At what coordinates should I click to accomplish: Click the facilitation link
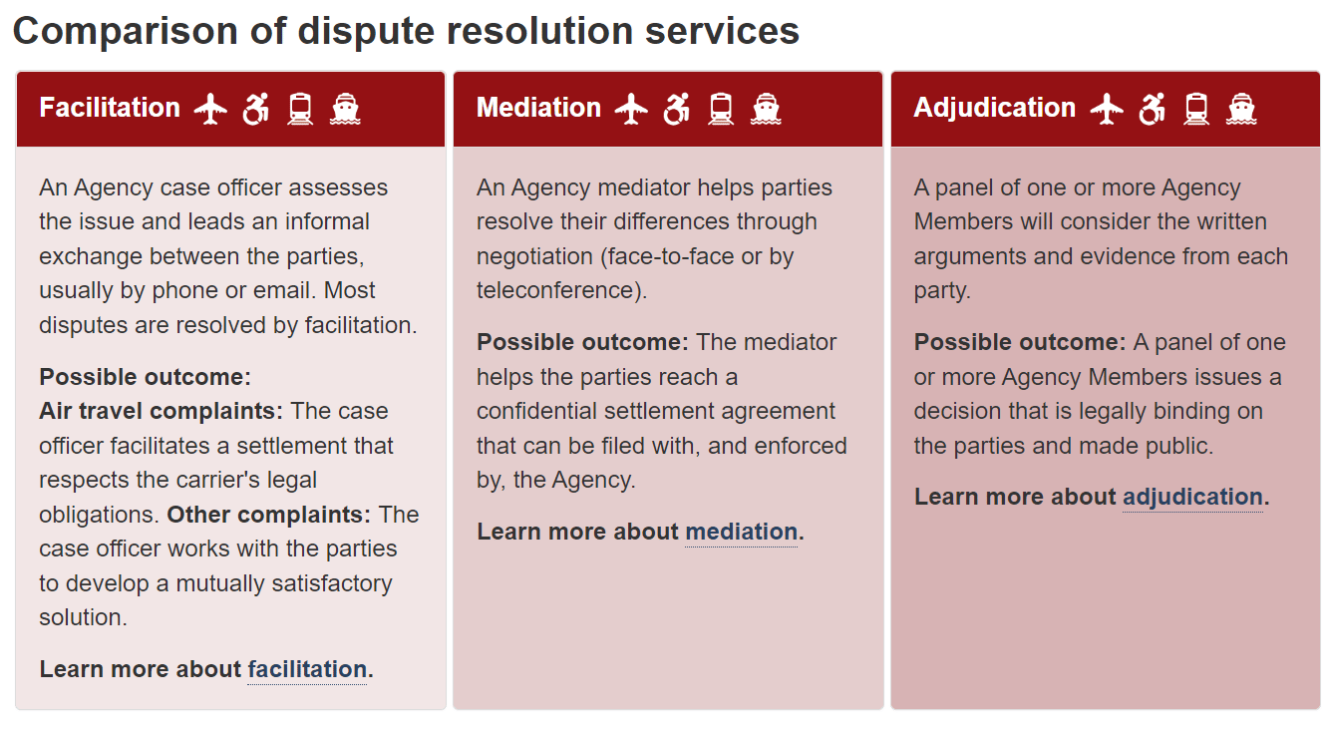coord(307,669)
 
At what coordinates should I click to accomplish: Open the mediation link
coord(741,532)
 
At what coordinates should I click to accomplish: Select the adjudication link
coord(1192,497)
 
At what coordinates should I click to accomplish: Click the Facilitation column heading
coord(110,108)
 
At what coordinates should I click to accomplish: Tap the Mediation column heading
coord(538,108)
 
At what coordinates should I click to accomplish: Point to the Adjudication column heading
coord(995,108)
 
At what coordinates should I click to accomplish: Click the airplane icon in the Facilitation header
coord(210,109)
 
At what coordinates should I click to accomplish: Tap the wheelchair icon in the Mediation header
coord(676,109)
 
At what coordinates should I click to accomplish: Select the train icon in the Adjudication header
coord(1196,109)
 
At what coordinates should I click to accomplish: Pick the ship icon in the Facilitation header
coord(345,109)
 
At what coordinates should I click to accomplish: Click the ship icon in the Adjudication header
coord(1241,109)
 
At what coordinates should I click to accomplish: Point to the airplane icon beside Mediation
coord(631,109)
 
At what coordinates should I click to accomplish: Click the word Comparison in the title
coord(125,31)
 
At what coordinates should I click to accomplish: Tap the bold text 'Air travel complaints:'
coord(162,411)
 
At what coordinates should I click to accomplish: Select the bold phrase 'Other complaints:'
coord(269,515)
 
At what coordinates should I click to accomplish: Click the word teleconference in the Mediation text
coord(558,290)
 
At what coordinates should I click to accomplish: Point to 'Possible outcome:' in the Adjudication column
coord(1020,342)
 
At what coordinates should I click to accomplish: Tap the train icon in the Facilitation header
coord(300,109)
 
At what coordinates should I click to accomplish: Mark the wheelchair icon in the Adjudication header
coord(1152,109)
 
